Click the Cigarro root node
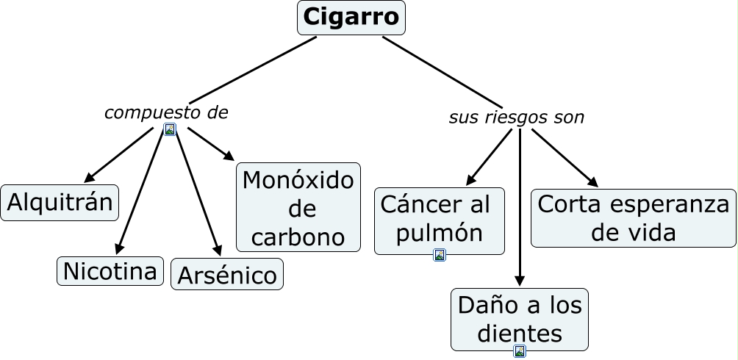point(351,17)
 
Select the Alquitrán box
point(60,203)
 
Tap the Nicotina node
point(110,271)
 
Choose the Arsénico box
point(226,276)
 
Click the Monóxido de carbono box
point(298,208)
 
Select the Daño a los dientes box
point(519,318)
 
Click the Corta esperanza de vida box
point(633,218)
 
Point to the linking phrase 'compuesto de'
point(166,112)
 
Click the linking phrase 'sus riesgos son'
point(516,118)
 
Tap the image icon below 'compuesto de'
point(170,130)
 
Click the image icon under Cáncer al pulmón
point(440,255)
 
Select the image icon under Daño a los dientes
point(520,351)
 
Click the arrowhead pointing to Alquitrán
point(90,178)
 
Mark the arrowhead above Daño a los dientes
point(520,280)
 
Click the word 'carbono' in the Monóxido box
point(298,237)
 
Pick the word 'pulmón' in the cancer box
point(439,233)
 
